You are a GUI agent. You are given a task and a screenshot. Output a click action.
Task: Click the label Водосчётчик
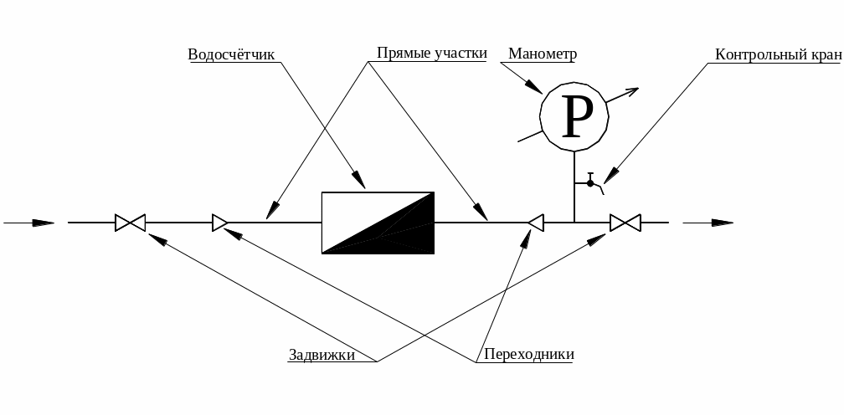[x=231, y=54]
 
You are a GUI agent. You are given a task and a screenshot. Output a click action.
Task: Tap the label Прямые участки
[x=432, y=54]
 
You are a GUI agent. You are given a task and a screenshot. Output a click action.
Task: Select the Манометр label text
[x=543, y=54]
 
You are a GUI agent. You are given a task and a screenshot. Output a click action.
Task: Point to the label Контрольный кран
[x=778, y=54]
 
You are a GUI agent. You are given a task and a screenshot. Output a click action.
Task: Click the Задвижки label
[x=322, y=355]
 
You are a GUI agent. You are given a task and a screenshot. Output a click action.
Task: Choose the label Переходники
[x=529, y=354]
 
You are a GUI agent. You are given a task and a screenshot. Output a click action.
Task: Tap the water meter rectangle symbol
[x=378, y=223]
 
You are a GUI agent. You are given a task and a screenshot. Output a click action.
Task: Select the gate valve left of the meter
[x=131, y=223]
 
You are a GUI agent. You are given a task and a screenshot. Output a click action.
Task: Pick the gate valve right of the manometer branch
[x=625, y=223]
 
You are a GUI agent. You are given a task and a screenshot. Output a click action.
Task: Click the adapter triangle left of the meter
[x=219, y=223]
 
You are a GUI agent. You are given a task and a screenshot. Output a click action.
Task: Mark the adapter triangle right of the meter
[x=536, y=223]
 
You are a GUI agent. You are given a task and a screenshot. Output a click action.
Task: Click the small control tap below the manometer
[x=590, y=183]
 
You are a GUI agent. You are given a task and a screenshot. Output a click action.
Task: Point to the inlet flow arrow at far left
[x=29, y=223]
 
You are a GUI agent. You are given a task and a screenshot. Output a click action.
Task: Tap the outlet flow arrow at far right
[x=708, y=223]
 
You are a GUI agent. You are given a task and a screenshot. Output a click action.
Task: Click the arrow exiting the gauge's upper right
[x=622, y=95]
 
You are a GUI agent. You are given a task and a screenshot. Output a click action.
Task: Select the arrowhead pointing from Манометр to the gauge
[x=533, y=86]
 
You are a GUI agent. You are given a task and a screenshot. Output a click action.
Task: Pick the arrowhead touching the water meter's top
[x=359, y=180]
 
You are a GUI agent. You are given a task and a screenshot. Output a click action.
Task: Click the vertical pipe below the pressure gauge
[x=574, y=187]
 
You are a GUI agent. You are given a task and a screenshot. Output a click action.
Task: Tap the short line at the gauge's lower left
[x=530, y=136]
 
